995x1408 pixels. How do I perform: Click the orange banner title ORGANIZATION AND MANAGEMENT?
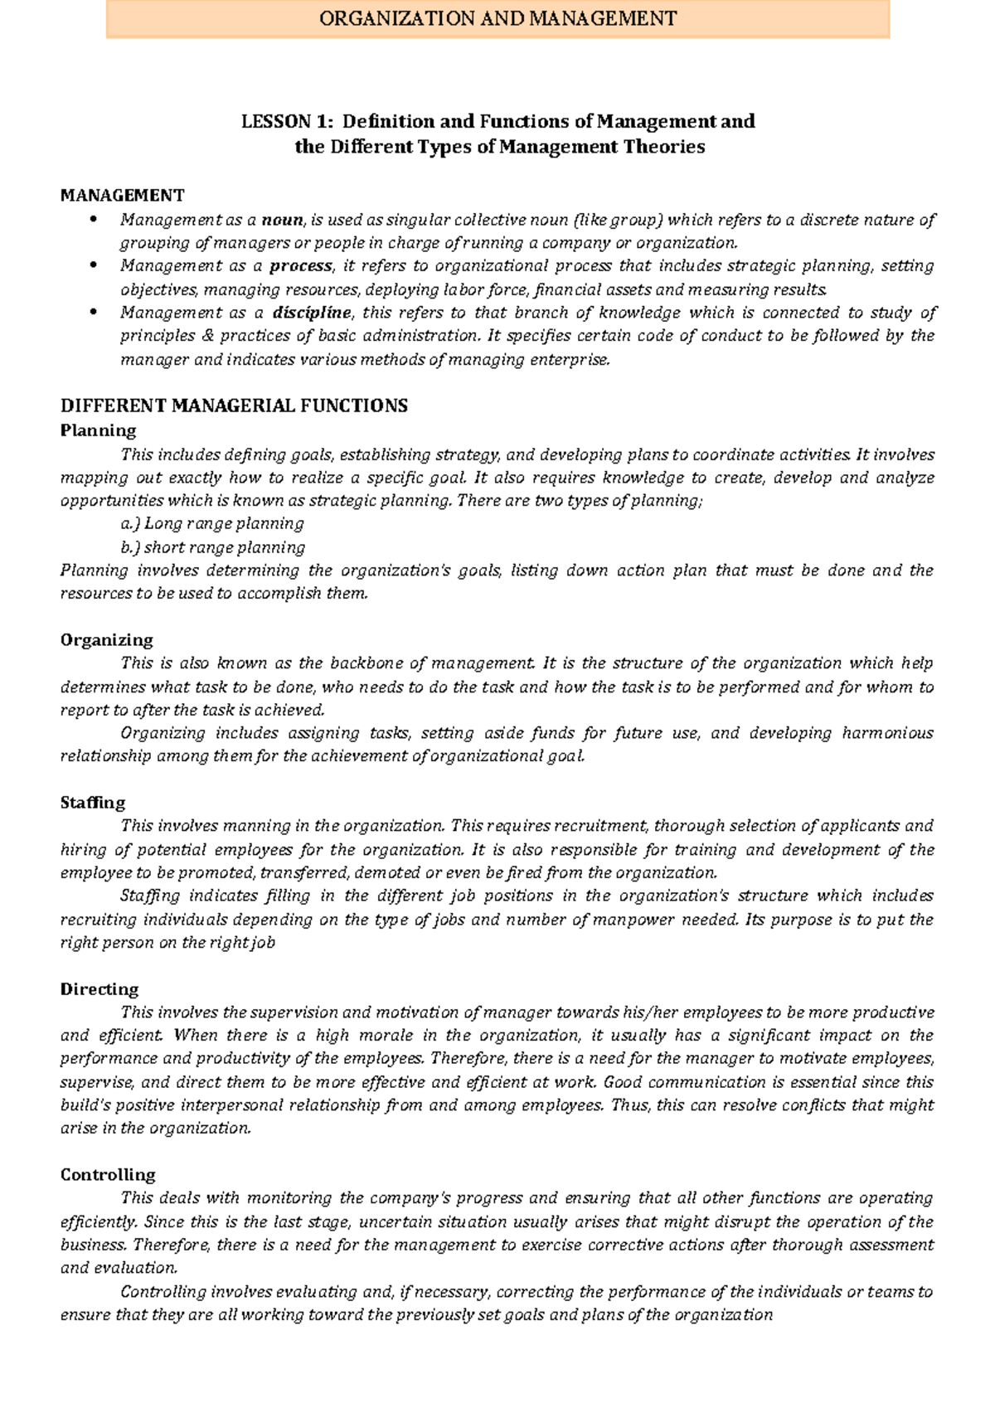pos(498,18)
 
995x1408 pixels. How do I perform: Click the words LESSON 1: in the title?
pos(287,122)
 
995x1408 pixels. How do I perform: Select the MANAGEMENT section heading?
pos(122,196)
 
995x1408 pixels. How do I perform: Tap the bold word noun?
pos(283,220)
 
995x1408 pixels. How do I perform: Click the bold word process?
pos(301,266)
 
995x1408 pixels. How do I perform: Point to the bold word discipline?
pos(312,313)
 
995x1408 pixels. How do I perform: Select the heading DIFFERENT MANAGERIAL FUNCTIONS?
pos(234,406)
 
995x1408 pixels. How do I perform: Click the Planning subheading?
pos(98,430)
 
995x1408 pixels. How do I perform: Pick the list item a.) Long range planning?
pos(212,524)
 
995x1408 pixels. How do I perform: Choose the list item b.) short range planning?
pos(212,547)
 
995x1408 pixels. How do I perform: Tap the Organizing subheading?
pos(107,640)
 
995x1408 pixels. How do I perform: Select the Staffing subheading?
pos(93,803)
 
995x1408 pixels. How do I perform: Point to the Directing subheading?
pos(99,989)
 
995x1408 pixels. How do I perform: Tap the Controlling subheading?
pos(108,1175)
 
